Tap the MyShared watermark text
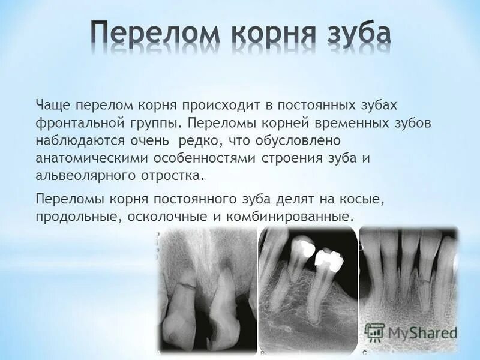point(422,332)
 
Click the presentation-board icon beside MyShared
point(374,332)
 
